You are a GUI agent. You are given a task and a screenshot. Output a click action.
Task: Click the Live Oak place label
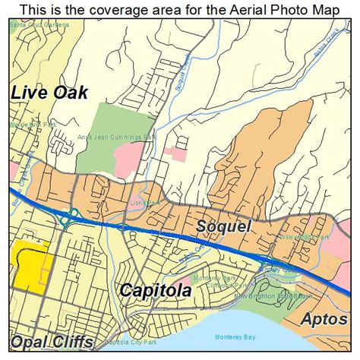pyautogui.click(x=49, y=93)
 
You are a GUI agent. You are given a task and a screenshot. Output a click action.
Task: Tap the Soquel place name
pyautogui.click(x=224, y=226)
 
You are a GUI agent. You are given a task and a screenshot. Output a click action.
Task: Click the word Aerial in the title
pyautogui.click(x=219, y=9)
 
